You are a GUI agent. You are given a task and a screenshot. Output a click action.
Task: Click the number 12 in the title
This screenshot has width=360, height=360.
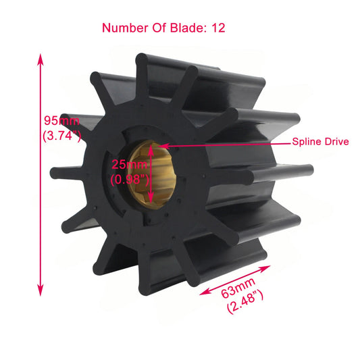pos(217,28)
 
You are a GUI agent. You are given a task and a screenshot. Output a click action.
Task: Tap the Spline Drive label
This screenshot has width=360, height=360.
pos(320,143)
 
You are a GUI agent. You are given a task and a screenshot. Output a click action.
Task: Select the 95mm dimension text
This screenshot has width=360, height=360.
pos(61,122)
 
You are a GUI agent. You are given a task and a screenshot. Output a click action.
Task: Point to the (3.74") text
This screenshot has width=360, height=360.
pos(61,136)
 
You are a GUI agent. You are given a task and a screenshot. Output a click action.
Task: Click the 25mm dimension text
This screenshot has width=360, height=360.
pos(128,164)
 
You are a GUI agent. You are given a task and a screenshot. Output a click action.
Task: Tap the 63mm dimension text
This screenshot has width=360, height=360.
pos(235,291)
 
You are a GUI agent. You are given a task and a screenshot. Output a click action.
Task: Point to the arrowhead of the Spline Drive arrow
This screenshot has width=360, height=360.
pos(161,143)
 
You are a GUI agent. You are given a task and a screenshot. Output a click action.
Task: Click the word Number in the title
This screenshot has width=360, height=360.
pos(124,28)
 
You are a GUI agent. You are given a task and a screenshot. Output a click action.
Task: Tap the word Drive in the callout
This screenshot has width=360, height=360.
pos(336,143)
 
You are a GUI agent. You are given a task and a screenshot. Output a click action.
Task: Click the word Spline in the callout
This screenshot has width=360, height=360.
pos(307,143)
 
